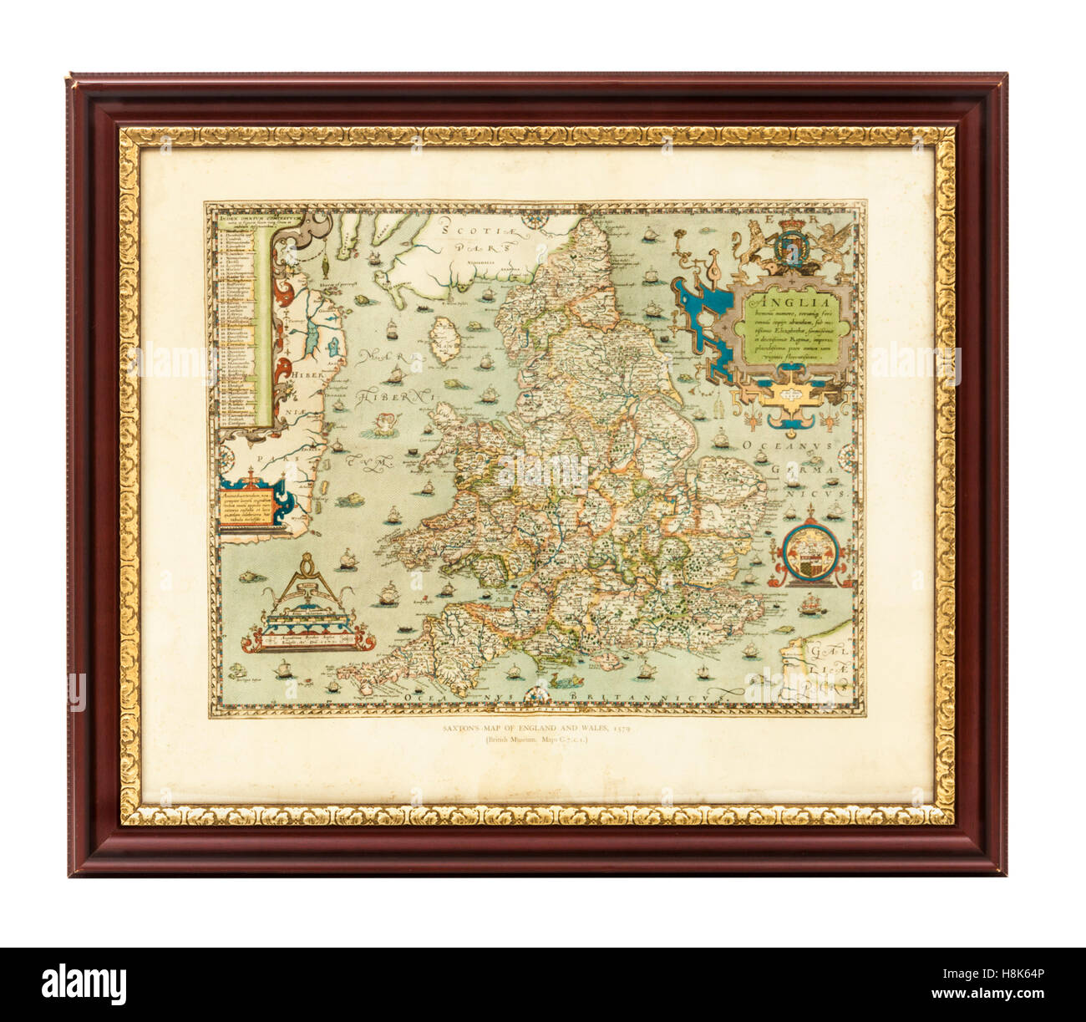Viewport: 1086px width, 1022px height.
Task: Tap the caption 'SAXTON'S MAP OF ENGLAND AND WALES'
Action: pos(536,730)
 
